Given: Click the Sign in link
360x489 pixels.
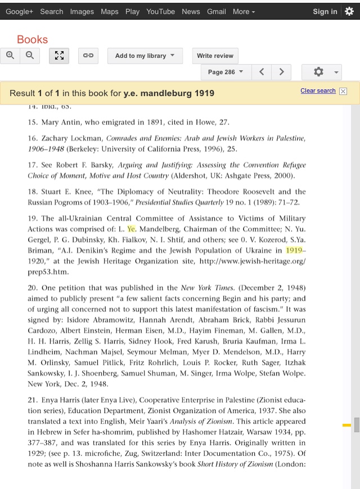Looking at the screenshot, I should [325, 11].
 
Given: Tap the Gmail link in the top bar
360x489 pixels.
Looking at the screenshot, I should [216, 11].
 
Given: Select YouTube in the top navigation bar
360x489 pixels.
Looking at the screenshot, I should [160, 11].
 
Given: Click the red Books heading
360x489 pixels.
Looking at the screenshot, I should [32, 39].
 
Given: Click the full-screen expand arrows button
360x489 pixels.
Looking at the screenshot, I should [59, 56].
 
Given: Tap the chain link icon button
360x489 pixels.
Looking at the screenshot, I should [88, 56].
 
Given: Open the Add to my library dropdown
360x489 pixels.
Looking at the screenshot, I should [145, 56].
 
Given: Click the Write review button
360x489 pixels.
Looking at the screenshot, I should [215, 56].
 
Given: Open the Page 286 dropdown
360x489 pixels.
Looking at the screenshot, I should [226, 72].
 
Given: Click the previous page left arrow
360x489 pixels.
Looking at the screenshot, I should [262, 72].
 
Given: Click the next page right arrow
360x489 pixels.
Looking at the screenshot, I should [281, 72].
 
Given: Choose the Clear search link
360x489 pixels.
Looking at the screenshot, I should [318, 90].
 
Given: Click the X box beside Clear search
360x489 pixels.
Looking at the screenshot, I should [343, 91].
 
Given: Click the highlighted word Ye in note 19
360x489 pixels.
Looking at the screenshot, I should [132, 229].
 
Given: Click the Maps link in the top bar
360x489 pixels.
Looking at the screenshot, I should [110, 11].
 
